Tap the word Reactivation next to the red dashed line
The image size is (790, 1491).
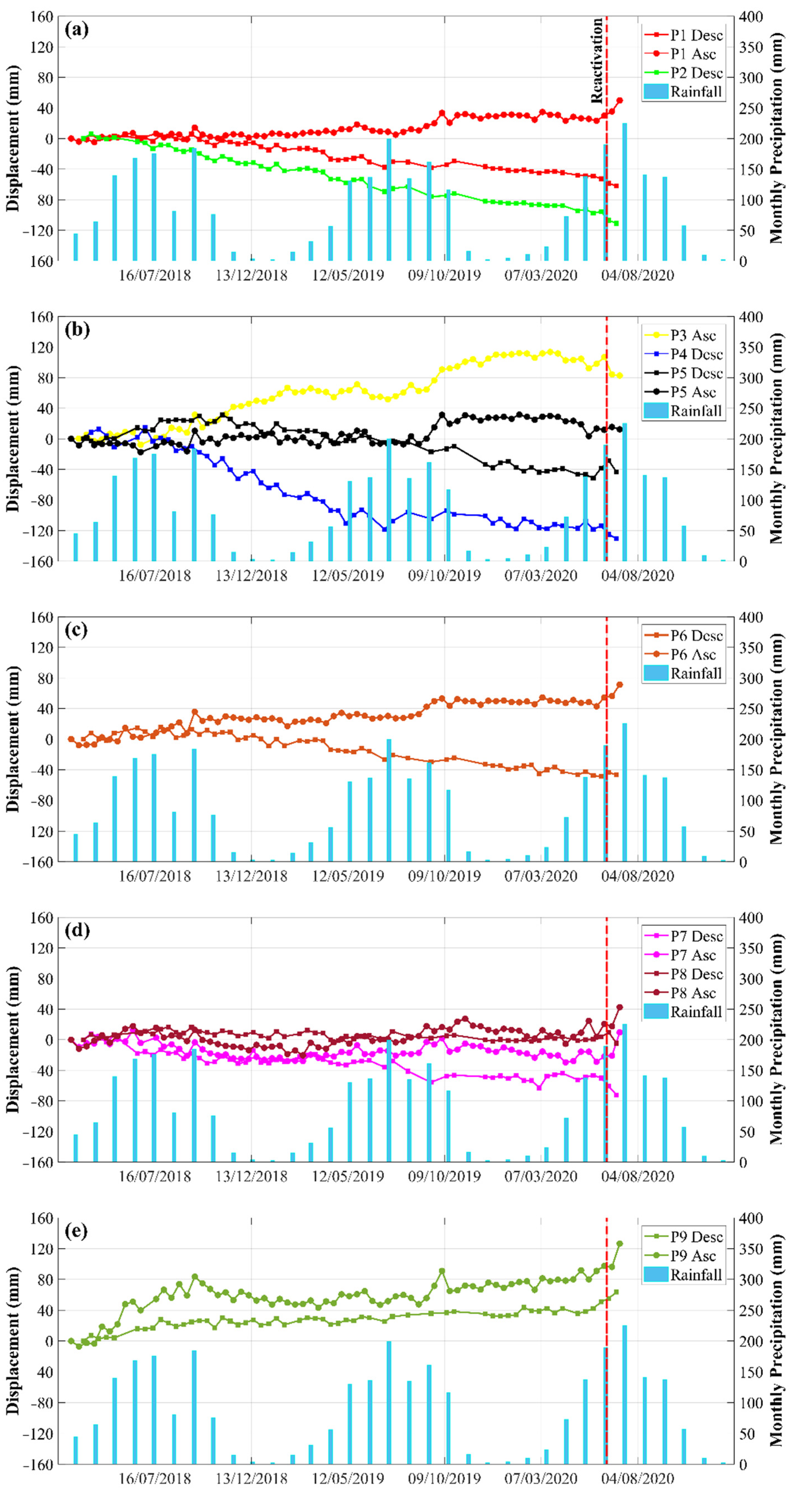597,61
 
